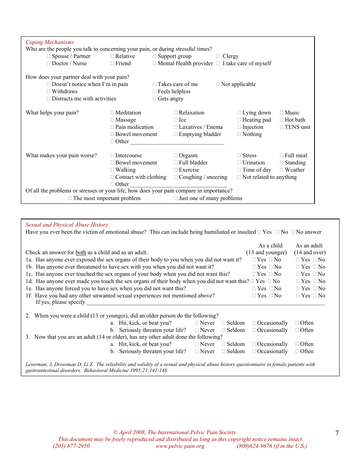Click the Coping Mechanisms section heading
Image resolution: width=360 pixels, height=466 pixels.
50,42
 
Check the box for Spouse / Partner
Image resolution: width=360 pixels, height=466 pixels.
49,56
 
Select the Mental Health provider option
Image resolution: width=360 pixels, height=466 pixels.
155,63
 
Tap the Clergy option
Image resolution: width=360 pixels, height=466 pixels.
218,56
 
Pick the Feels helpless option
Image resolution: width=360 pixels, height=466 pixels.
155,91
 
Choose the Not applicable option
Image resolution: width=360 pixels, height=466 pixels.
218,84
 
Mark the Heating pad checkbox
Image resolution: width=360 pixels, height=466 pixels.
239,120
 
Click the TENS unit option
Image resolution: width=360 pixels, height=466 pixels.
282,127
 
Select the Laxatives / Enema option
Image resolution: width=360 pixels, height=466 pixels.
176,127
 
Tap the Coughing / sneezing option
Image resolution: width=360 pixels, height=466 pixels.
176,177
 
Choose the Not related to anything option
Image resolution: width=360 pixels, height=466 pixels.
239,177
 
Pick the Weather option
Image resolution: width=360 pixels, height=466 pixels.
282,170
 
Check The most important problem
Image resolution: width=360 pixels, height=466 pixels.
70,198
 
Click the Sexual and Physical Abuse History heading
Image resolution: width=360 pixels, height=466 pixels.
67,225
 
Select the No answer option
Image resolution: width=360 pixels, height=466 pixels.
293,232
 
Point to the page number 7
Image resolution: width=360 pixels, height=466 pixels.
337,433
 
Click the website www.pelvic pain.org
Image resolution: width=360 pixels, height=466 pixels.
180,446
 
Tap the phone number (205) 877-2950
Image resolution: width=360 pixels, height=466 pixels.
71,446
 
